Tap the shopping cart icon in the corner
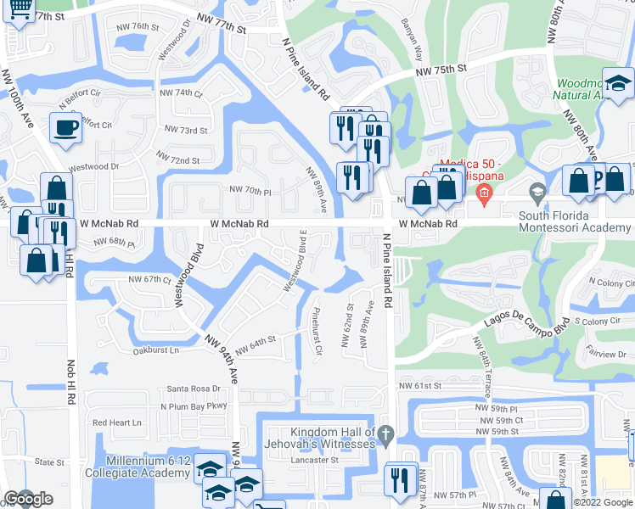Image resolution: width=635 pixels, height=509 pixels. point(19,8)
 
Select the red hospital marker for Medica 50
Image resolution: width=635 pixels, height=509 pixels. point(483,193)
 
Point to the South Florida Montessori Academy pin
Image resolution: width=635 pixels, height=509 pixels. point(536,192)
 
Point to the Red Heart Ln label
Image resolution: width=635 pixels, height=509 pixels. point(117,422)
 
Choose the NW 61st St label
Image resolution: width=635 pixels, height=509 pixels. point(421,385)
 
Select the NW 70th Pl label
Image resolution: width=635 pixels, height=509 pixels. point(250,192)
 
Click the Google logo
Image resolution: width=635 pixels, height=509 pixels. point(28,500)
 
